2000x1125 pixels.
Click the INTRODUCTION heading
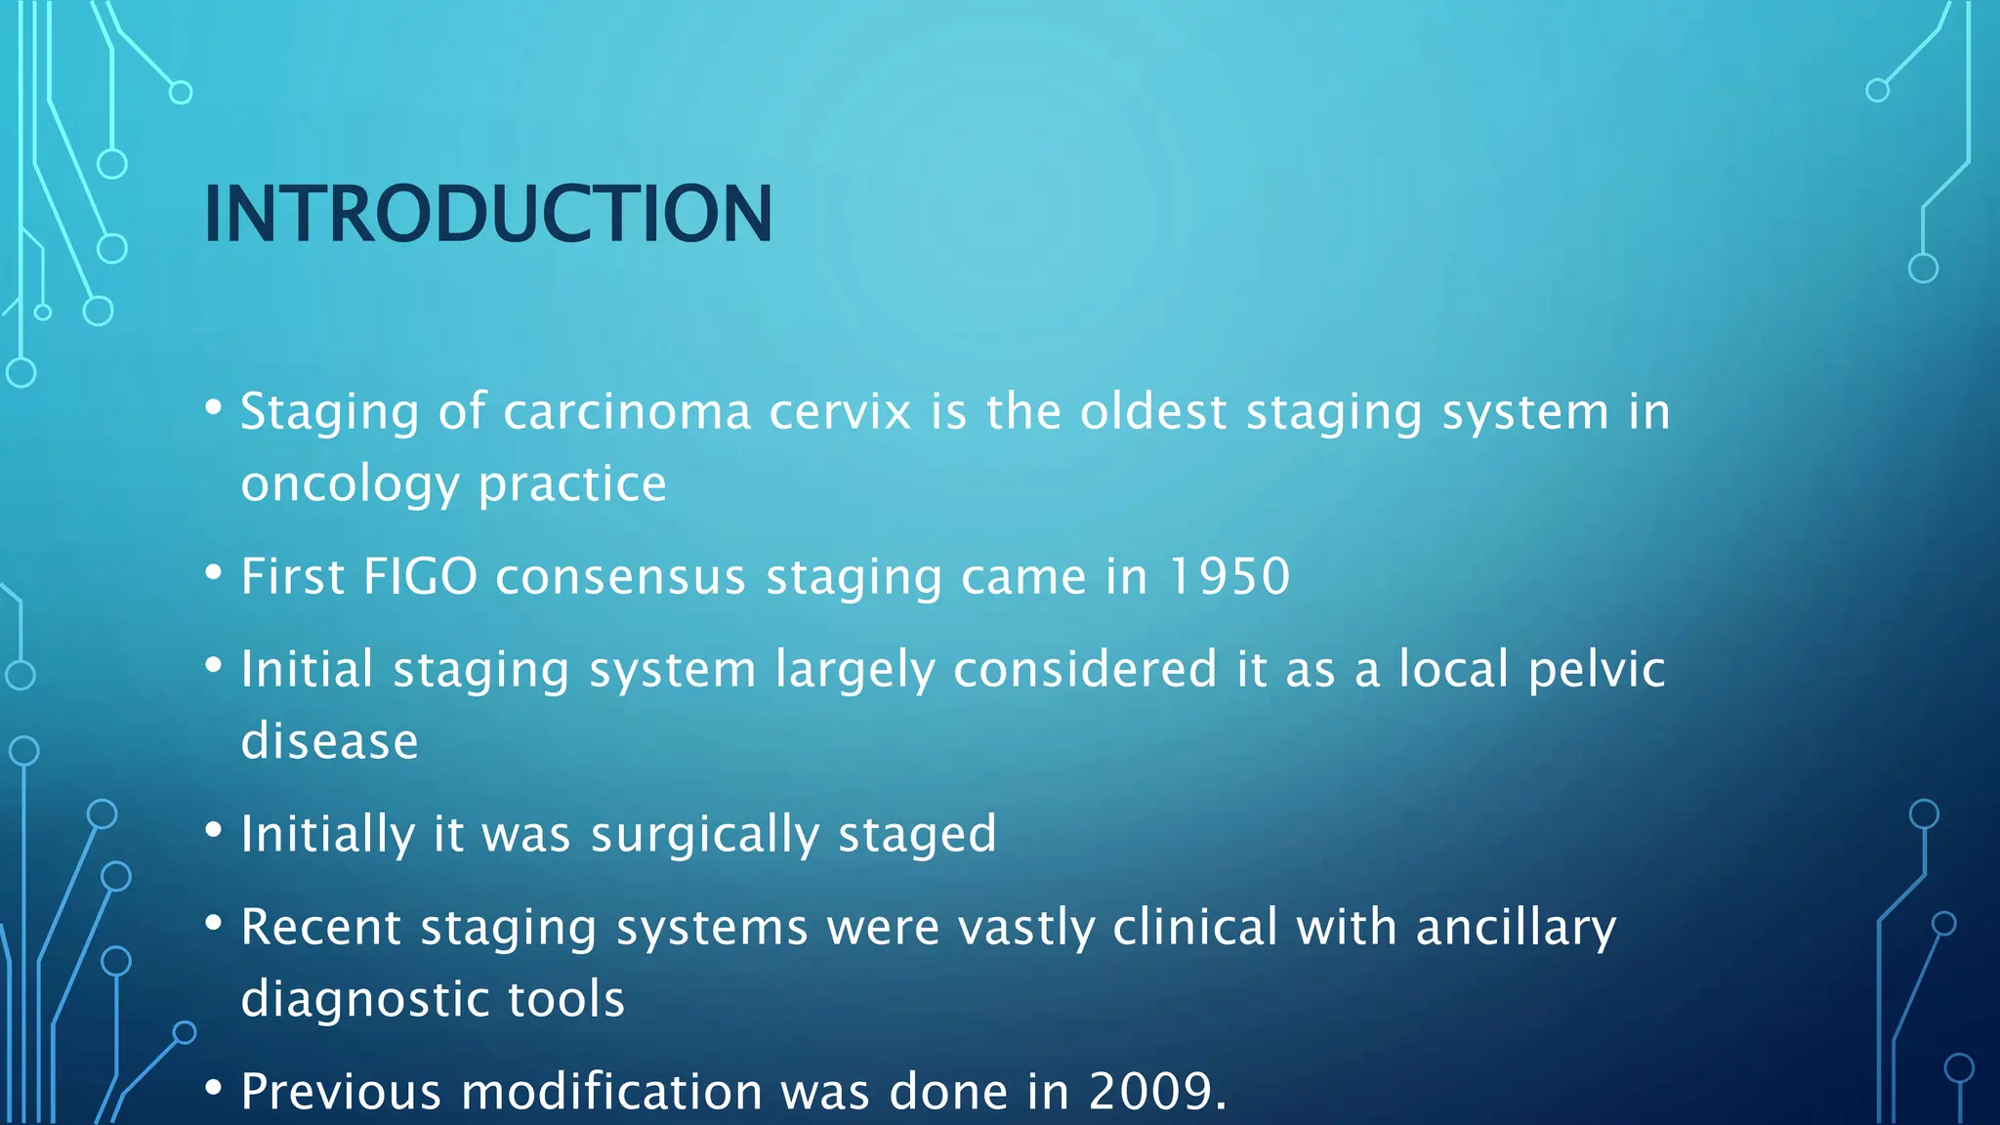(x=487, y=214)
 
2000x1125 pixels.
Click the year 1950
(x=1229, y=576)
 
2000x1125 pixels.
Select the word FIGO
(x=420, y=576)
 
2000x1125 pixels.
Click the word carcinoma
(x=626, y=412)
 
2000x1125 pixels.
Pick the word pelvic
(x=1596, y=670)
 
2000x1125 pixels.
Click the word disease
(x=329, y=741)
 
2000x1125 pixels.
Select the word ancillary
(x=1516, y=928)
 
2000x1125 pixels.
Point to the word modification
(x=611, y=1091)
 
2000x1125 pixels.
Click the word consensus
(x=620, y=576)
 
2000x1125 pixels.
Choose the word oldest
(x=1152, y=412)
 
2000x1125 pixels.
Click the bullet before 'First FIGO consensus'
(x=214, y=573)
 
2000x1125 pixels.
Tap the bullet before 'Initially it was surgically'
(x=214, y=831)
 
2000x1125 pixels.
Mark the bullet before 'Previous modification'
(x=214, y=1088)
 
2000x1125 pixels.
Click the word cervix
(x=840, y=412)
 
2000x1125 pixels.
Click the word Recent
(x=320, y=928)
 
